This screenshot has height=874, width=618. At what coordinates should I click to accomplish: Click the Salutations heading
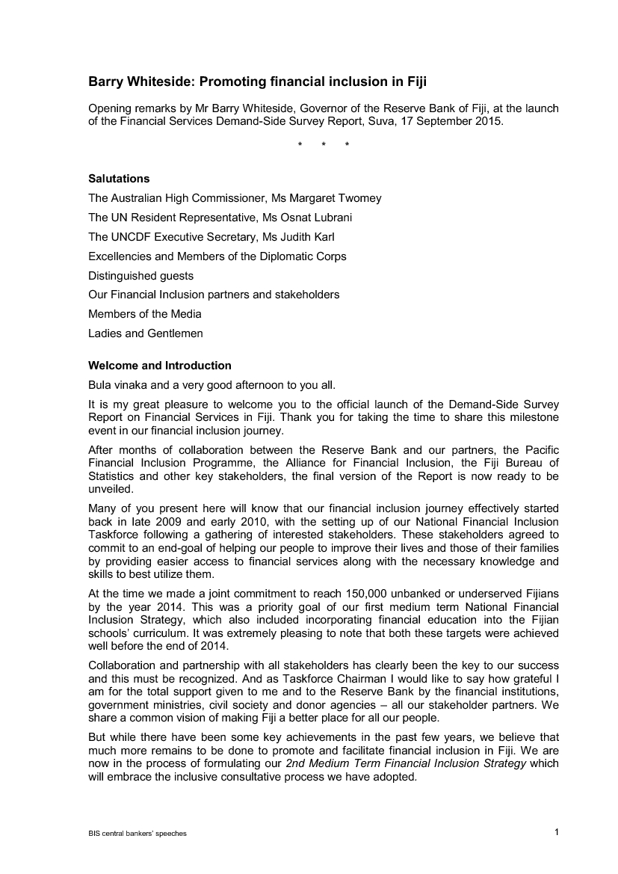[x=119, y=179]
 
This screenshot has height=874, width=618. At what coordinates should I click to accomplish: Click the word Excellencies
[x=119, y=256]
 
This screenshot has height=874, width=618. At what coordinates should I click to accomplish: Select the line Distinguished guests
[x=140, y=276]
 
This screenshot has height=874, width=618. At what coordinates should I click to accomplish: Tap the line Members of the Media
[x=144, y=314]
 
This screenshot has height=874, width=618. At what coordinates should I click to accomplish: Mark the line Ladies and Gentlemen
[x=145, y=333]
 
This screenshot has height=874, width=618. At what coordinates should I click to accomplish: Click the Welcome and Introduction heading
[x=160, y=366]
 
